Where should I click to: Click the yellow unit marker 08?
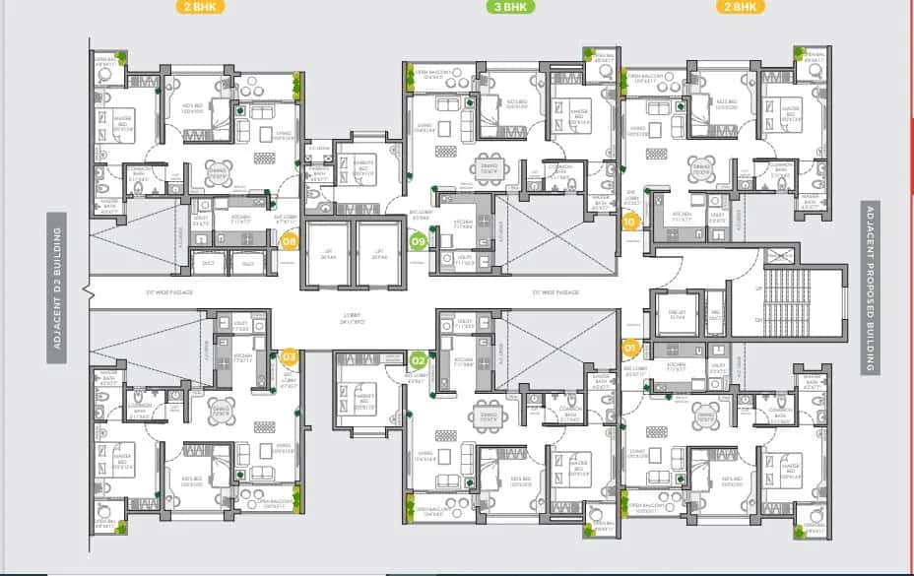pos(290,241)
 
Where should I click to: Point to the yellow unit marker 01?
pos(631,347)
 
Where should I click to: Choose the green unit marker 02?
pos(418,359)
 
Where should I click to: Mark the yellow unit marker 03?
pos(290,356)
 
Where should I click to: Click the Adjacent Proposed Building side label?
pos(870,288)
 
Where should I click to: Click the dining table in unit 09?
pos(490,168)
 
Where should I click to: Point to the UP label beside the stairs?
pos(757,288)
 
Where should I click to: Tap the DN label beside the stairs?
pos(757,320)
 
